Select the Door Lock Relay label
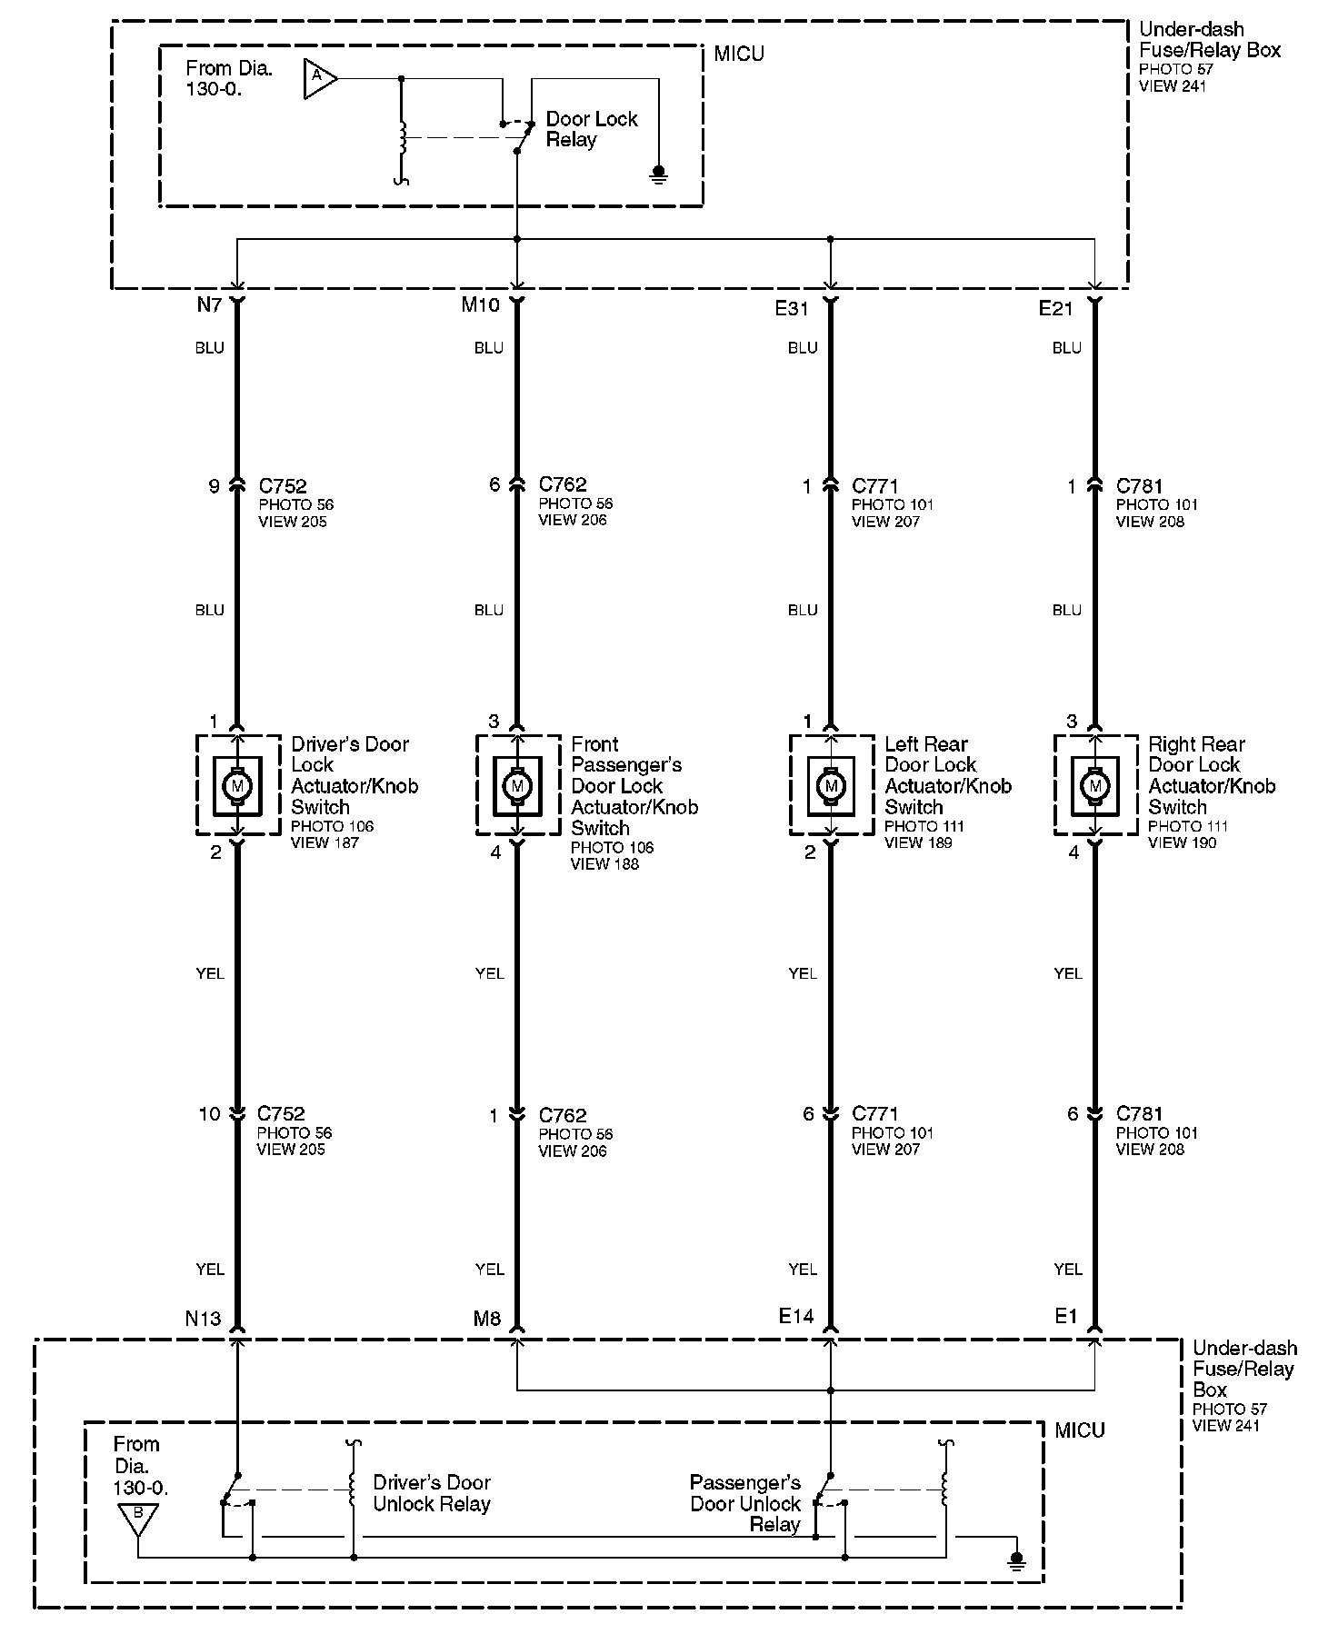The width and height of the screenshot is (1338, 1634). (591, 129)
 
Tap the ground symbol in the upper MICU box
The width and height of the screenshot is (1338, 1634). (660, 173)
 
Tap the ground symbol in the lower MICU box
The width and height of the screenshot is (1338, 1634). (1017, 1560)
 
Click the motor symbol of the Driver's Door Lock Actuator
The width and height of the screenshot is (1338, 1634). (237, 785)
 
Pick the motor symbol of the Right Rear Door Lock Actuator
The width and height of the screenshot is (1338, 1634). (1095, 785)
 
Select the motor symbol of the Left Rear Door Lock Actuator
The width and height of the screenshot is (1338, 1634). (830, 785)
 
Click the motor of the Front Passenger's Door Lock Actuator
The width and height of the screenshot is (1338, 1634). (517, 785)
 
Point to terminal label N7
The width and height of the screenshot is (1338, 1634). (209, 305)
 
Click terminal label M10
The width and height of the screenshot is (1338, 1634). (480, 305)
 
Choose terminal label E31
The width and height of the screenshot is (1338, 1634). (792, 309)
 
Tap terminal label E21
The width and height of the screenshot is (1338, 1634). (1055, 309)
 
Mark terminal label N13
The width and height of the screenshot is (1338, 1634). (203, 1319)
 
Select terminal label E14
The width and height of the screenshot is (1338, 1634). (795, 1315)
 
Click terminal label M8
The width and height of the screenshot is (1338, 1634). (487, 1319)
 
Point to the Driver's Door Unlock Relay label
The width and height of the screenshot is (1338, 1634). (431, 1493)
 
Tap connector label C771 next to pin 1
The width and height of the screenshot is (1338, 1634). (874, 486)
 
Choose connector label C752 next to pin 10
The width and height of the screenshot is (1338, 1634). (281, 1113)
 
